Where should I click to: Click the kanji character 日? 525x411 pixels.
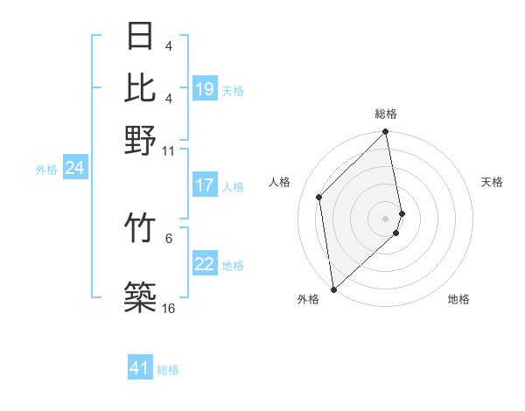point(141,36)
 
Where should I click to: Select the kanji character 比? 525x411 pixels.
point(141,88)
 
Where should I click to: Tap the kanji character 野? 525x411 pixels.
point(141,141)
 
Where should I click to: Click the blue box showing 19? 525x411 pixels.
point(205,89)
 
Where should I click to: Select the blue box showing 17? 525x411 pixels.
point(205,185)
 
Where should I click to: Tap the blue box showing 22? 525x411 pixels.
point(205,264)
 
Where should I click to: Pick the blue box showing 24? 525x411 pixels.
point(74,168)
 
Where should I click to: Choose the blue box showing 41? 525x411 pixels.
point(141,368)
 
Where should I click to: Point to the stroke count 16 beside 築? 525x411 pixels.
point(168,309)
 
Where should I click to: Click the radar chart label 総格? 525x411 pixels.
point(386,114)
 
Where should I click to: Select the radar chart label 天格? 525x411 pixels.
point(492,182)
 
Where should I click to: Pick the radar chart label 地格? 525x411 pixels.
point(458,299)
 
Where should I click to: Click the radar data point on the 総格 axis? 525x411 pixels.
point(386,133)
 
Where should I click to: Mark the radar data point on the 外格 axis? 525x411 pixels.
point(333,289)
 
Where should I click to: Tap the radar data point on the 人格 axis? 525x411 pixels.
point(319,197)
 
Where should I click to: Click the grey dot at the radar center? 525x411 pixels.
point(386,218)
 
